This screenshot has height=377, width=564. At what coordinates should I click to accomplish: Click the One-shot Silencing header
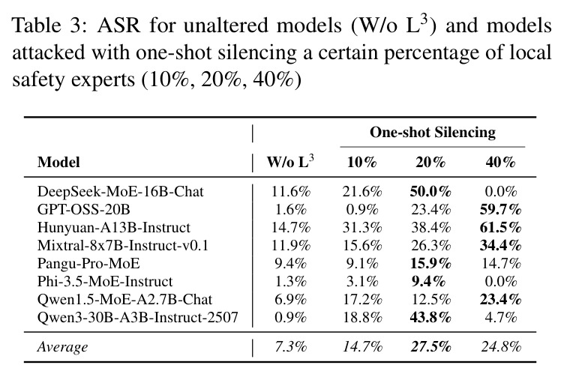tap(432, 132)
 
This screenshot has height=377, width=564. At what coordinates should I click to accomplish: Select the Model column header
tap(58, 162)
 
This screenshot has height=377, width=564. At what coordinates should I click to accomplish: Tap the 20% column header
tap(430, 163)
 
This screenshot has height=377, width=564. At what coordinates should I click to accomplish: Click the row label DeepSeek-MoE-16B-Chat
tap(121, 191)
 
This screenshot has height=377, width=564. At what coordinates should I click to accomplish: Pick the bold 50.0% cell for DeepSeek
tap(430, 192)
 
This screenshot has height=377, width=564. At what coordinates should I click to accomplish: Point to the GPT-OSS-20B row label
tap(84, 209)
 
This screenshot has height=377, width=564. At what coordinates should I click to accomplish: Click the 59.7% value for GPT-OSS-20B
tap(500, 209)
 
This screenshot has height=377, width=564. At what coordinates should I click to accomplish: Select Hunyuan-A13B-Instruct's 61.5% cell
tap(500, 227)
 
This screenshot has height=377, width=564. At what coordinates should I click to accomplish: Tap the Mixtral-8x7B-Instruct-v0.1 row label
tap(123, 245)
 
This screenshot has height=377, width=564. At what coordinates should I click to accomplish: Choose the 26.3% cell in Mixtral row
tap(430, 246)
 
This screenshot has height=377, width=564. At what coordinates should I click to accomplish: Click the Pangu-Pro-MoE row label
tap(88, 263)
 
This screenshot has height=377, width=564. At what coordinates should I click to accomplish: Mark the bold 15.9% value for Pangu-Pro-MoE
tap(430, 263)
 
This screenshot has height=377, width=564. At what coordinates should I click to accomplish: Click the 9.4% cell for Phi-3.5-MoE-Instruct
tap(429, 281)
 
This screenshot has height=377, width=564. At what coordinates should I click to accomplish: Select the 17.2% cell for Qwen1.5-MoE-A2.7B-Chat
tap(362, 299)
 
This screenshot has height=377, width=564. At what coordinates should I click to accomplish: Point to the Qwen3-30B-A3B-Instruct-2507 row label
tap(138, 317)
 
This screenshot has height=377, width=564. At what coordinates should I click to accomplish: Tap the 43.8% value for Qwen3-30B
tap(430, 317)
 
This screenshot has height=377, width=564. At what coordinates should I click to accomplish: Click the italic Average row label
tap(62, 347)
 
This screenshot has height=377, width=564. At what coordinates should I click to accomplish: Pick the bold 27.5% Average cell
tap(430, 347)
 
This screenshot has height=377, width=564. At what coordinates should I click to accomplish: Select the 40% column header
tap(500, 163)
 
